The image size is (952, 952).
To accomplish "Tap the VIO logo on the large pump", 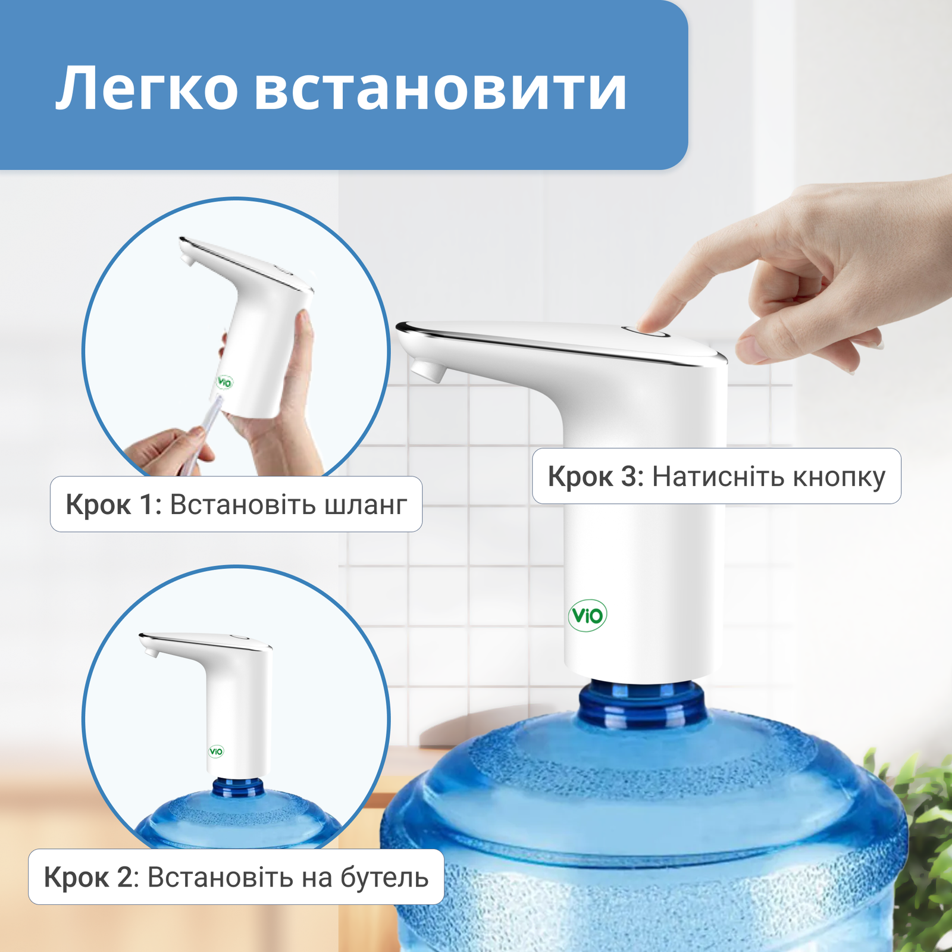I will coord(587,615).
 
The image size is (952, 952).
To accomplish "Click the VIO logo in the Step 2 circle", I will coord(216,751).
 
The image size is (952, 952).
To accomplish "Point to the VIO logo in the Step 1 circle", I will coord(225,382).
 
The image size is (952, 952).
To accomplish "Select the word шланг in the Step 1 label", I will coord(366,505).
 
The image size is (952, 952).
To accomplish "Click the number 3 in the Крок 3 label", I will coord(629,477).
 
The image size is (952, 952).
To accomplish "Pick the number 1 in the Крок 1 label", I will coord(146,505).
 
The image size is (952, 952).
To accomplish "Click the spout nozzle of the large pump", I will coord(428,370).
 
